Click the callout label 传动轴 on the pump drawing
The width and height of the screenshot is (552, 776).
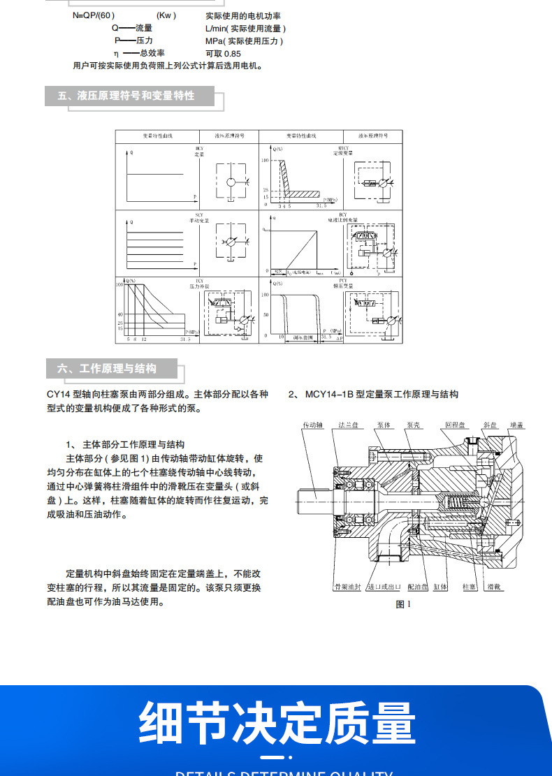point(312,425)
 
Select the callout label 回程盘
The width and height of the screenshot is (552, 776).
point(455,425)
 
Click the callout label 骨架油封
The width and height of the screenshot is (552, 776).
point(347,587)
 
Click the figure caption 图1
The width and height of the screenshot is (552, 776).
point(403,604)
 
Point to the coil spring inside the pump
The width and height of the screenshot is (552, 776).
point(457,501)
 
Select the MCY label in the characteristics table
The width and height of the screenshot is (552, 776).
point(199,149)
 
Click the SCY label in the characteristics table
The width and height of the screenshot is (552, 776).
point(199,214)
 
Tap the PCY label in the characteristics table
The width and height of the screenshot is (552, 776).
point(342,280)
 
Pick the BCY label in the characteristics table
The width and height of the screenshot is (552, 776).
point(342,214)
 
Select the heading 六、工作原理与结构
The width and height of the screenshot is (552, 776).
point(107,369)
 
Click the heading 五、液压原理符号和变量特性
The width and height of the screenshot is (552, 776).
point(126,96)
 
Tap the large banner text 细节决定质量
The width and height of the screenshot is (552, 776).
point(277,722)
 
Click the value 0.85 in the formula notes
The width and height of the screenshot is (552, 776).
point(232,53)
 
